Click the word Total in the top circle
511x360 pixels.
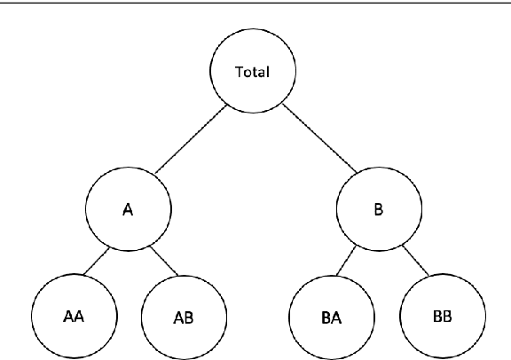pos(252,71)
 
